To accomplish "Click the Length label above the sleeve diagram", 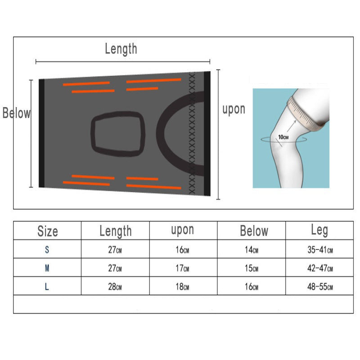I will click(x=121, y=49).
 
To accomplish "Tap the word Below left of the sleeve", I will click(x=17, y=113).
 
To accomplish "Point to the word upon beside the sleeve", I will click(x=234, y=109).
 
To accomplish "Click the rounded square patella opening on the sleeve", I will click(x=119, y=133).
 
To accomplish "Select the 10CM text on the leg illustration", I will click(x=283, y=136).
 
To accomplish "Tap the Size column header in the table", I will click(x=47, y=231).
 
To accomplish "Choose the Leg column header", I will click(x=319, y=230).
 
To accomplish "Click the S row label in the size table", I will click(x=47, y=250).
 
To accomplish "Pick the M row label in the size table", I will click(x=47, y=268).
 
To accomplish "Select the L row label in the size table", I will click(x=47, y=287).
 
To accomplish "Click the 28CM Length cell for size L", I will click(x=116, y=287).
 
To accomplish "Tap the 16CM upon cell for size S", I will click(x=183, y=250).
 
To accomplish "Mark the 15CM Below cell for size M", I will click(x=252, y=268).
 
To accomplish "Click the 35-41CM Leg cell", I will click(x=320, y=250).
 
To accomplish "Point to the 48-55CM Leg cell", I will click(x=320, y=287).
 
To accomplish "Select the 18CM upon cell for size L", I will click(x=183, y=287).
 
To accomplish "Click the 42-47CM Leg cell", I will click(x=320, y=268).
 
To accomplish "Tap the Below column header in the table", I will click(x=254, y=231).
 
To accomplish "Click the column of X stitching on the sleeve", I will click(x=193, y=133).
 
